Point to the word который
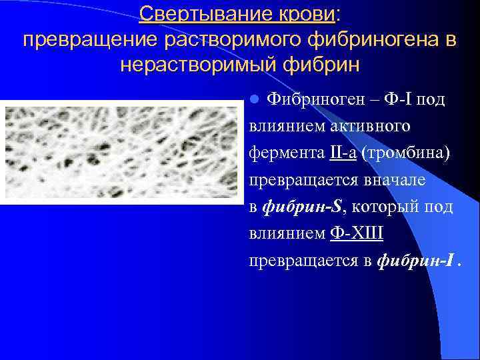click(386, 207)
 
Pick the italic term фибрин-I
click(418, 261)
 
